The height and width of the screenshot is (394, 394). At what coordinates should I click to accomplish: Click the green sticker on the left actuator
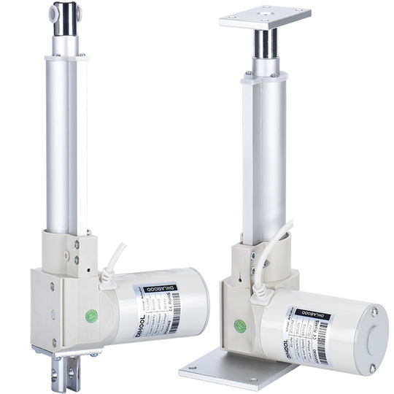91,316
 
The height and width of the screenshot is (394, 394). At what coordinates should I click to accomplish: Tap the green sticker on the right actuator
239,326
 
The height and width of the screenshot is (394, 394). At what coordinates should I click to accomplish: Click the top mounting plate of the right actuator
264,16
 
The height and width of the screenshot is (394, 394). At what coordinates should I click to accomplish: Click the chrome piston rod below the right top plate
265,45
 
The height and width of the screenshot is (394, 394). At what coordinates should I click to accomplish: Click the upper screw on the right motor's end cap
374,312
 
